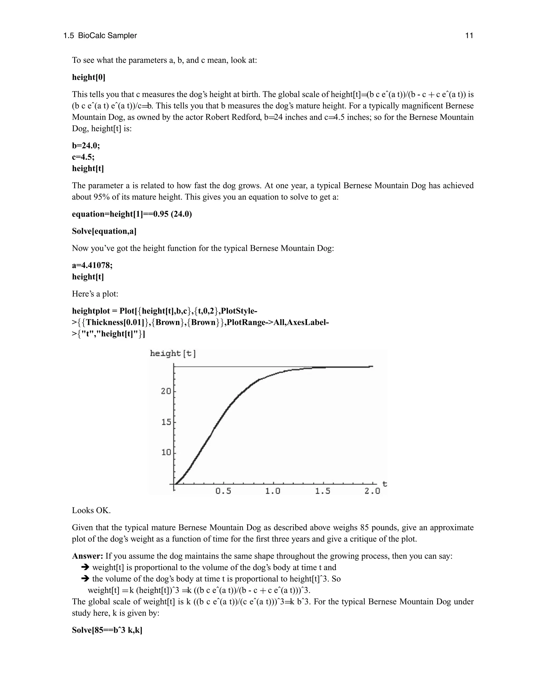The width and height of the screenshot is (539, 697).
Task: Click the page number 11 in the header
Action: pos(469,36)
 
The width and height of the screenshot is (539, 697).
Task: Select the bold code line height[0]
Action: pos(88,77)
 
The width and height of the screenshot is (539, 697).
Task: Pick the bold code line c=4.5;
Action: pos(83,157)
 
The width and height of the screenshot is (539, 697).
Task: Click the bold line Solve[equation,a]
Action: pos(104,231)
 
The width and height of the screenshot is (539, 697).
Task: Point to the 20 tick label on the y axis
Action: pos(166,391)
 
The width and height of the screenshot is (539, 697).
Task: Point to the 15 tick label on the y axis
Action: pos(166,422)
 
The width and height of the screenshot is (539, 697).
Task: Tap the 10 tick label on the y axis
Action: pos(166,453)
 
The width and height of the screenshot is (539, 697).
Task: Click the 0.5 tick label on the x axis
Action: pos(223,491)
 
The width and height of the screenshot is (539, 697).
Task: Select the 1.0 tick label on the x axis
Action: pos(273,491)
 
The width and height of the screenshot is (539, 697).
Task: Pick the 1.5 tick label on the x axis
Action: pos(322,491)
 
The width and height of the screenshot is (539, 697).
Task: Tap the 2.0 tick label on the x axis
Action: pos(372,491)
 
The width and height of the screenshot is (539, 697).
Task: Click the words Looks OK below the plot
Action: pos(91,510)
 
